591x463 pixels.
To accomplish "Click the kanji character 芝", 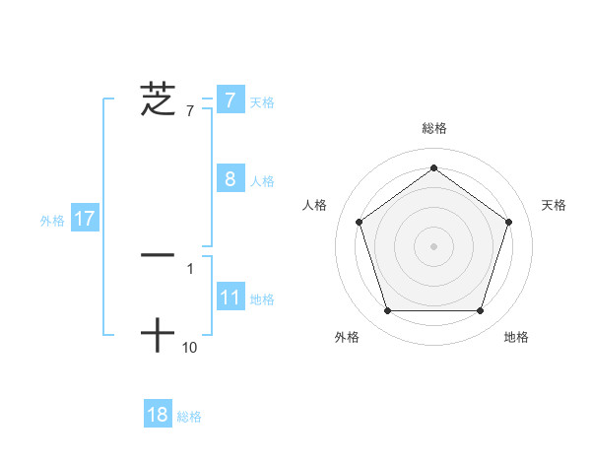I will [158, 99].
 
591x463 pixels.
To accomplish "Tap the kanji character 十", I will [158, 336].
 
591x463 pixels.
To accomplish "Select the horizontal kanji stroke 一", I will [158, 255].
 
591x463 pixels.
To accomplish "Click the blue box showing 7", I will [230, 100].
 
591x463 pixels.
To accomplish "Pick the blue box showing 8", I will [230, 179].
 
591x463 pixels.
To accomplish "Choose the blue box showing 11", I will [230, 298].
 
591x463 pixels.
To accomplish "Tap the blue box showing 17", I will [85, 219].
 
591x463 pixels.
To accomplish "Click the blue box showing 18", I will [158, 415].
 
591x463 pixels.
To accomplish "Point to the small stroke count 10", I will [190, 347].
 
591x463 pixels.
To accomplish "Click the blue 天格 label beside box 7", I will [262, 102].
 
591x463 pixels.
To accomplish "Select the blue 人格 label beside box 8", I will [262, 181].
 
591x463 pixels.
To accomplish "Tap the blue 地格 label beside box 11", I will [262, 299].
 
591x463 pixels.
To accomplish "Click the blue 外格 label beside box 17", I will [52, 221].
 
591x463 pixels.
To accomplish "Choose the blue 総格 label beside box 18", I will [189, 417].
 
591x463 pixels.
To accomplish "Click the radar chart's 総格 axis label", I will [434, 128].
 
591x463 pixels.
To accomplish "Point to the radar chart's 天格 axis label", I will [555, 205].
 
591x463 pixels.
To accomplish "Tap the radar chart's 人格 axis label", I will [314, 205].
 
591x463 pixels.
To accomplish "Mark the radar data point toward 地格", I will [480, 311].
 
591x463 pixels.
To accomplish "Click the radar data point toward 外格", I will [387, 311].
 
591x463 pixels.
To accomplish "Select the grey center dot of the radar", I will [433, 245].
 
